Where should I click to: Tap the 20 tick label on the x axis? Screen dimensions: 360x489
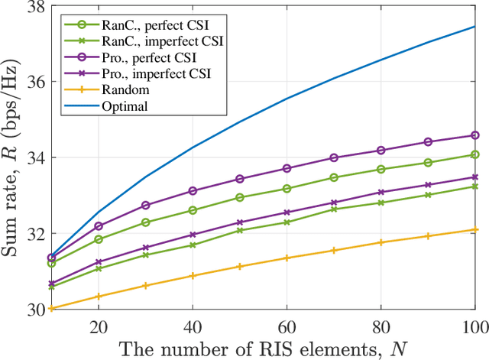pyautogui.click(x=99, y=326)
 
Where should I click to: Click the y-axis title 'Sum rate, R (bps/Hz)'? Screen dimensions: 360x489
pyautogui.click(x=13, y=157)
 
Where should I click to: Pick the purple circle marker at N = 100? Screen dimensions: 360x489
pyautogui.click(x=475, y=135)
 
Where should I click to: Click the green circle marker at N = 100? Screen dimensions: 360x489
pyautogui.click(x=475, y=154)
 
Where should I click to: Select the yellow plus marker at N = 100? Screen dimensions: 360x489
pyautogui.click(x=475, y=229)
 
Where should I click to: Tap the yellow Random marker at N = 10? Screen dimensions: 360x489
pyautogui.click(x=52, y=309)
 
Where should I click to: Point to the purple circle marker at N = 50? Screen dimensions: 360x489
pyautogui.click(x=240, y=179)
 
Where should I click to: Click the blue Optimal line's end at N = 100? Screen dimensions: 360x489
pyautogui.click(x=475, y=26)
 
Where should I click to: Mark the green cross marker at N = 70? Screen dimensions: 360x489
pyautogui.click(x=334, y=209)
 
